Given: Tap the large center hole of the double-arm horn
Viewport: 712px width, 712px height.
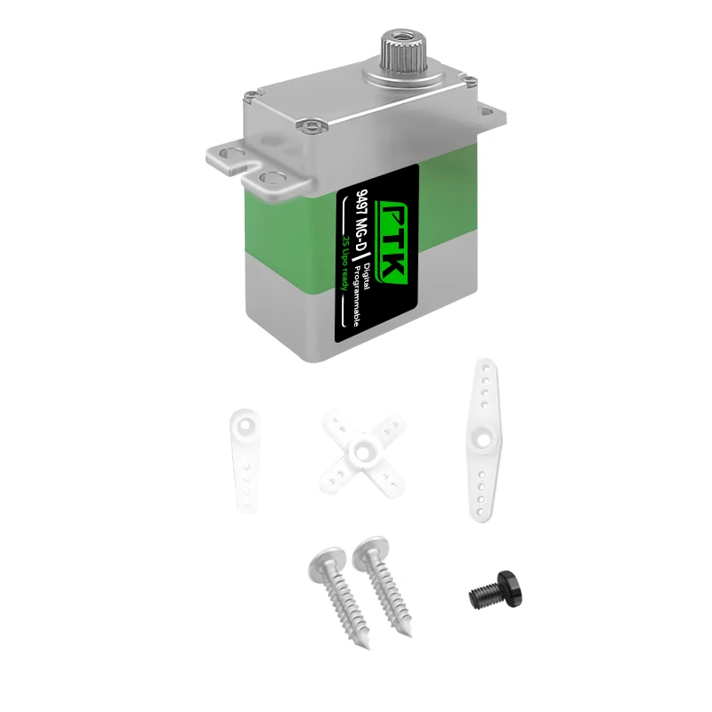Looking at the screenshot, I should [482, 438].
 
